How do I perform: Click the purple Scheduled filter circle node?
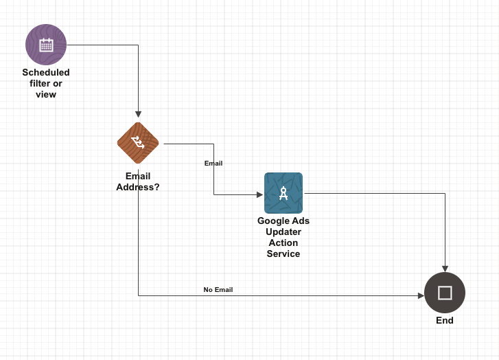[x=46, y=45]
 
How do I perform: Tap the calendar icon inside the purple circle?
[x=46, y=45]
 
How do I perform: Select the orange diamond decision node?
[x=138, y=143]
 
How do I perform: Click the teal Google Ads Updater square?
[x=283, y=193]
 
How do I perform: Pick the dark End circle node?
[x=445, y=293]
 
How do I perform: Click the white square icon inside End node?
[x=445, y=293]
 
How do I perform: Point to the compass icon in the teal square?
[x=283, y=194]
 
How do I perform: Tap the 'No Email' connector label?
[x=218, y=290]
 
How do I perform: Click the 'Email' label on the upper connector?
[x=213, y=164]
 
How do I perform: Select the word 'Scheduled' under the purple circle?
[x=46, y=73]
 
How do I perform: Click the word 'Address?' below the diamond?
[x=138, y=187]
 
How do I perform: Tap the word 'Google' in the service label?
[x=272, y=221]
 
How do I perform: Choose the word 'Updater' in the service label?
[x=283, y=232]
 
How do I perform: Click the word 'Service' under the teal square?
[x=283, y=254]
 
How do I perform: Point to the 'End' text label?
[x=445, y=321]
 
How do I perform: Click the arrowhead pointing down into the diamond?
[x=138, y=114]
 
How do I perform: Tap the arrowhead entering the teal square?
[x=259, y=194]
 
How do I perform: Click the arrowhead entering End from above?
[x=445, y=268]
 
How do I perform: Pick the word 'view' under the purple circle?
[x=46, y=95]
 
